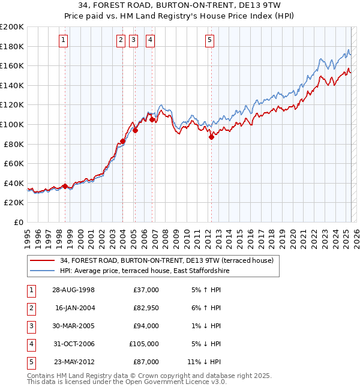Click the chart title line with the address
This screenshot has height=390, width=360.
179,5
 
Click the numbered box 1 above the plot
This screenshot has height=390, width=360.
64,40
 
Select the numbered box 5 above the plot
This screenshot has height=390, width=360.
209,40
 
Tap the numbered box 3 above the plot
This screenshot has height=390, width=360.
133,40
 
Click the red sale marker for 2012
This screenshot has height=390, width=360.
211,137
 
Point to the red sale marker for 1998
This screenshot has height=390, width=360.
65,186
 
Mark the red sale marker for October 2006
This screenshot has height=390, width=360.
152,119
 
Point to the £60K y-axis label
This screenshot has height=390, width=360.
14,163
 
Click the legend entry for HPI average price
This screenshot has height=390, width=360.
145,271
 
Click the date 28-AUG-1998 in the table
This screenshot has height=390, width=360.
74,290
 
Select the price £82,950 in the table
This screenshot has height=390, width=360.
145,308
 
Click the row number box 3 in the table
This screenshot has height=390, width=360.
31,326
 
